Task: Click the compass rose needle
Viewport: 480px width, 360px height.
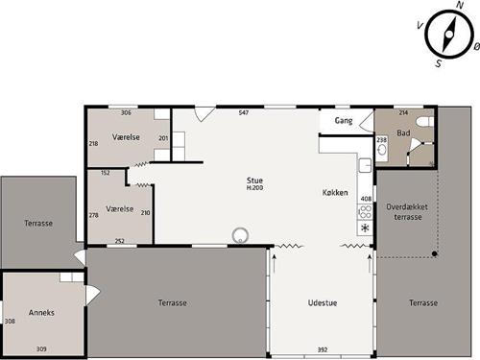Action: (449, 34)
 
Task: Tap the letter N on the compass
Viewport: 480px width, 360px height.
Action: (460, 5)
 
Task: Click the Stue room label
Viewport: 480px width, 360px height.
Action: (254, 180)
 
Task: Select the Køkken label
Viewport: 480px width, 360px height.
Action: (335, 192)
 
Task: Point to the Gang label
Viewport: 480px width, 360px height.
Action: (344, 121)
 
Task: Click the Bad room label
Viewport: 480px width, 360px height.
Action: (403, 132)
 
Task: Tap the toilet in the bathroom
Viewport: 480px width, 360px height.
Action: (425, 122)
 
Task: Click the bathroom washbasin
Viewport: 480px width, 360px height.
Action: (381, 150)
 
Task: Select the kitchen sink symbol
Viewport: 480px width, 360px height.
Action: (365, 165)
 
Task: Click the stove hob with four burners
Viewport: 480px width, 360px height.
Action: (366, 212)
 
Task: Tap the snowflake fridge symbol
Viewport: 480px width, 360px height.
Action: (365, 228)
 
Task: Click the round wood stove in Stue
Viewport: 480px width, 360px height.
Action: (240, 235)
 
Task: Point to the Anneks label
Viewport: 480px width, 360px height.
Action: (41, 313)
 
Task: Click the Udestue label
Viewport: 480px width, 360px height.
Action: (323, 302)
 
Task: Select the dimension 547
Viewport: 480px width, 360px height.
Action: (244, 112)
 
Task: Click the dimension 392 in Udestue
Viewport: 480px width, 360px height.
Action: (323, 349)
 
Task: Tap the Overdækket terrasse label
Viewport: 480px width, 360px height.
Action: (407, 212)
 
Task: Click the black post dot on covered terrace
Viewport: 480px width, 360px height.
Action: (434, 253)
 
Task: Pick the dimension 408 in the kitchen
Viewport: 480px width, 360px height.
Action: (366, 199)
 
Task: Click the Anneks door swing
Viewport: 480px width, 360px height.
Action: (93, 295)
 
